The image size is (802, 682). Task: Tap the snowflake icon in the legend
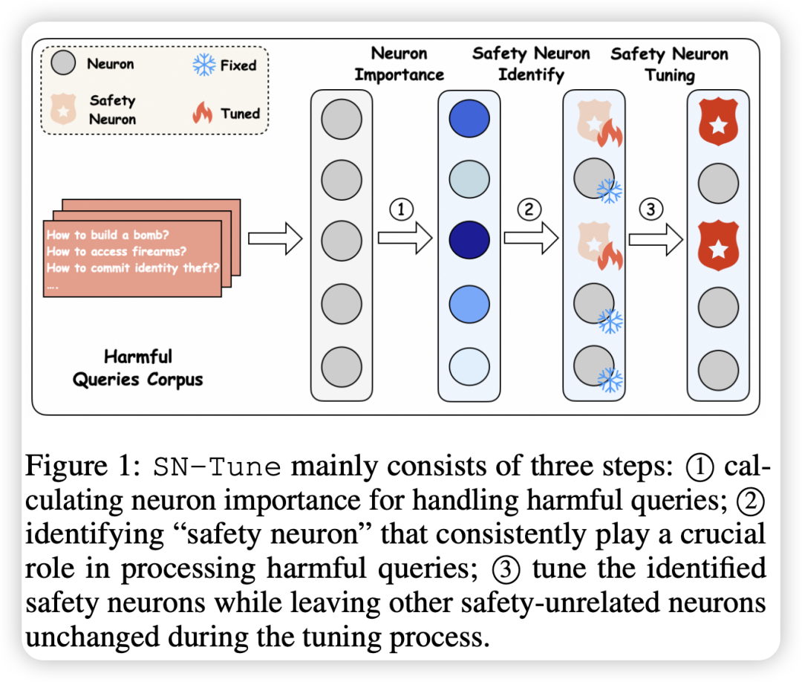203,65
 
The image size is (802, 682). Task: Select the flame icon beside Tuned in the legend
203,114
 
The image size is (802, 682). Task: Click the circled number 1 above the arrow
401,210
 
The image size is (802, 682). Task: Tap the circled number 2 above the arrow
528,210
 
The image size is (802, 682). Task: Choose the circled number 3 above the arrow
651,210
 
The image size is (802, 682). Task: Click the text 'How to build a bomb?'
105,235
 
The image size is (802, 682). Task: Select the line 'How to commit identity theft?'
133,268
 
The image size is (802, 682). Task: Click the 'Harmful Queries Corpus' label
137,368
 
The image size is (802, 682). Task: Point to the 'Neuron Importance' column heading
399,64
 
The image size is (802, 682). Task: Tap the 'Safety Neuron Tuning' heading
669,64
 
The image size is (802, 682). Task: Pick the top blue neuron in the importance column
469,119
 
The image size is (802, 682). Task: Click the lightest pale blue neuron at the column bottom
469,366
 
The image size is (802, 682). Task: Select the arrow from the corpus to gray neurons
274,238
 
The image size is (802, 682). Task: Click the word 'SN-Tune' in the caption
217,467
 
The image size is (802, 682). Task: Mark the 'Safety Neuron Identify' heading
531,64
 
